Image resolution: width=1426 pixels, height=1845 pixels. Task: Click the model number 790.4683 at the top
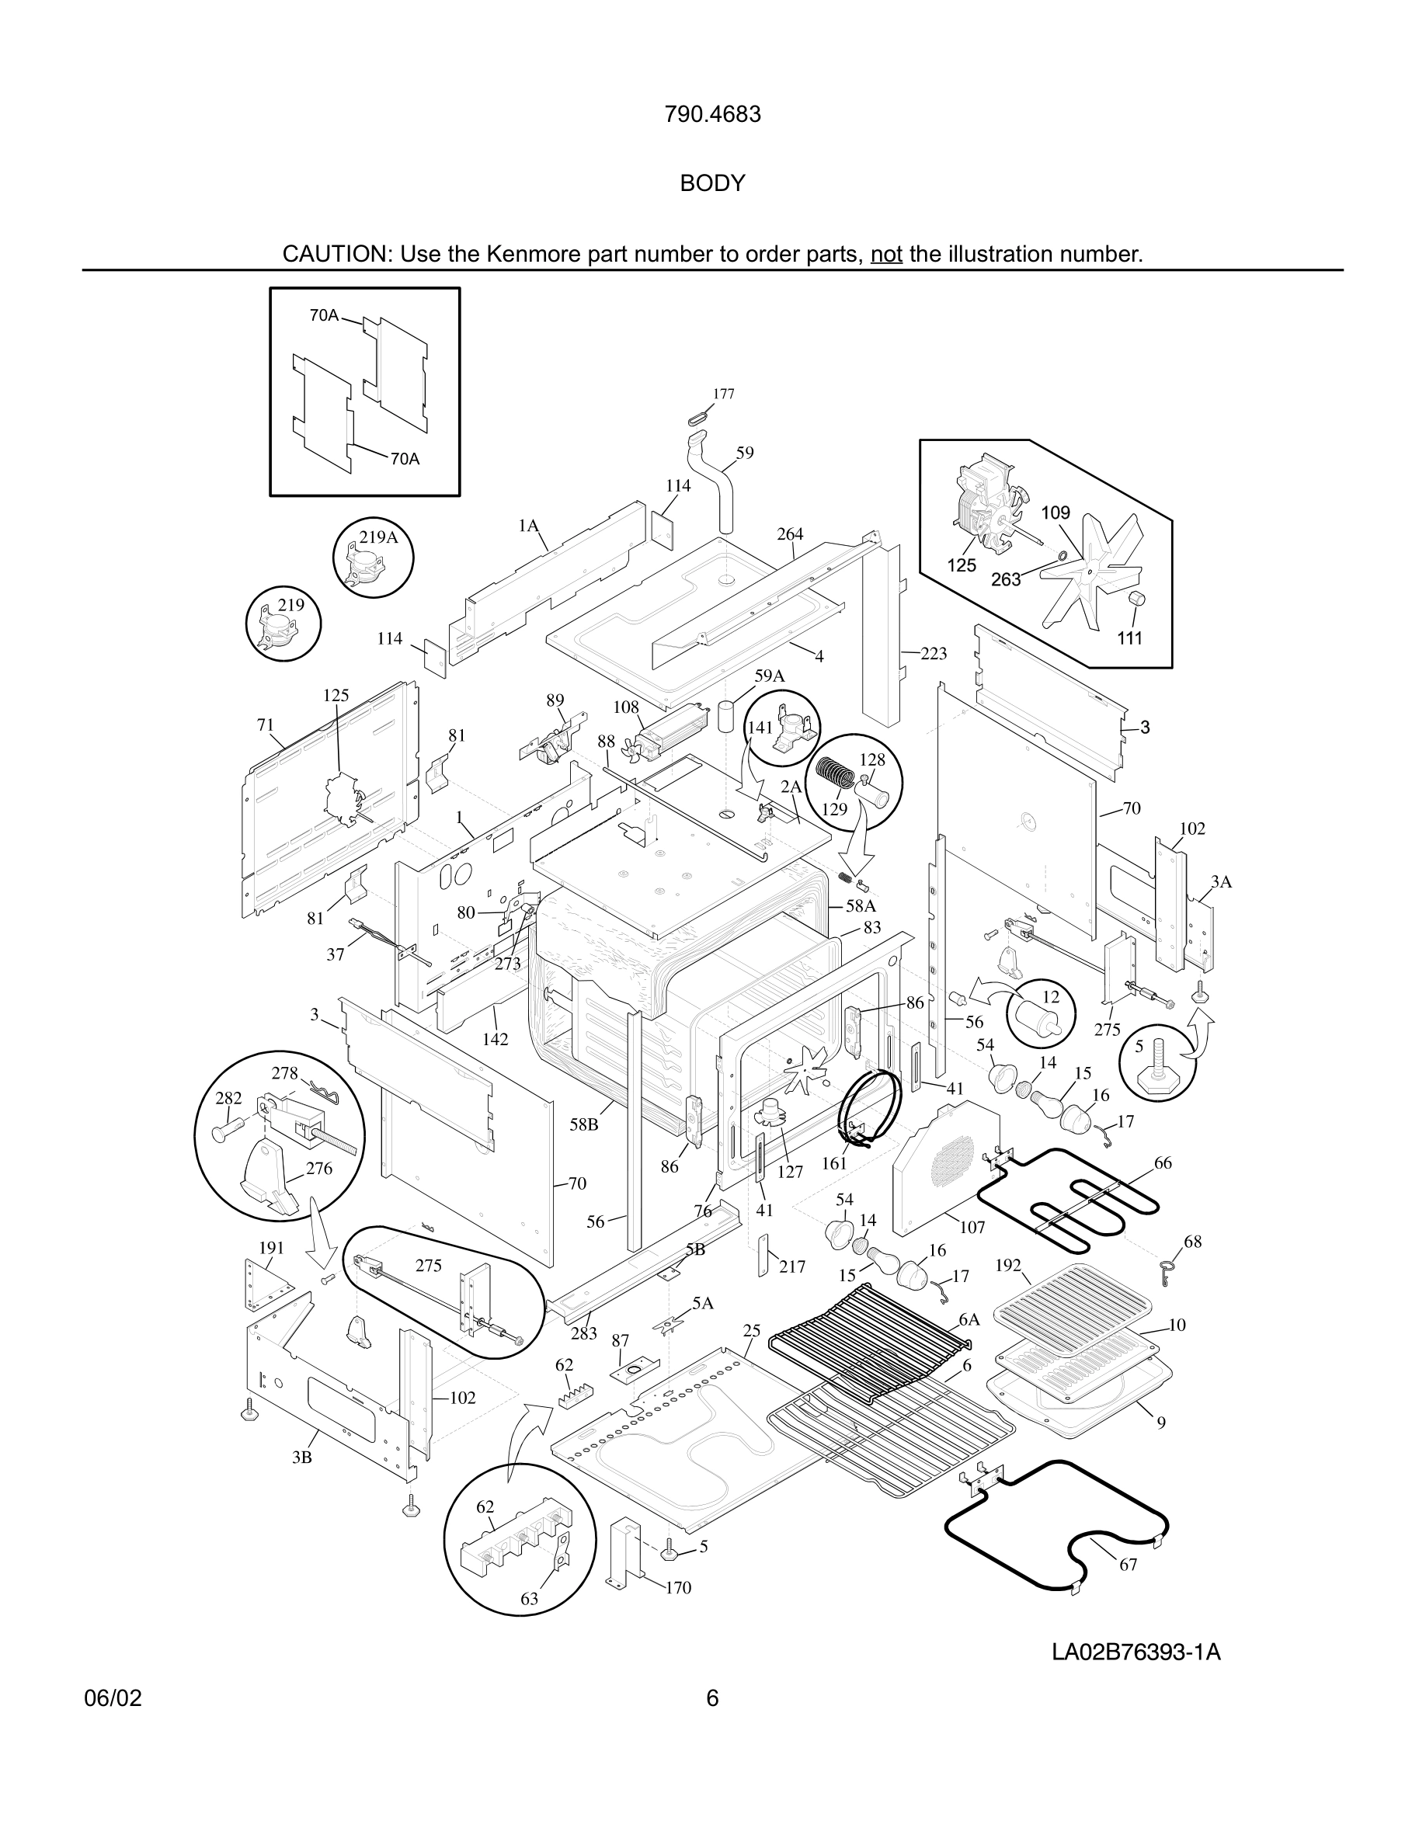point(712,114)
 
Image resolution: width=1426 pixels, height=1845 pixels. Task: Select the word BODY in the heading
point(712,183)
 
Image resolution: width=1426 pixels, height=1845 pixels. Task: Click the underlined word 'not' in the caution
point(886,254)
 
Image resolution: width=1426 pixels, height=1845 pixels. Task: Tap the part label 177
point(723,394)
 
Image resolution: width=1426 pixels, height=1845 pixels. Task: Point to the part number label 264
point(790,534)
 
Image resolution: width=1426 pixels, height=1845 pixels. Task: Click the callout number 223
point(934,653)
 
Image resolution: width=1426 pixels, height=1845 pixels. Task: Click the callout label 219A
point(377,537)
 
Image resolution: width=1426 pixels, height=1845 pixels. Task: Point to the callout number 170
point(678,1587)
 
